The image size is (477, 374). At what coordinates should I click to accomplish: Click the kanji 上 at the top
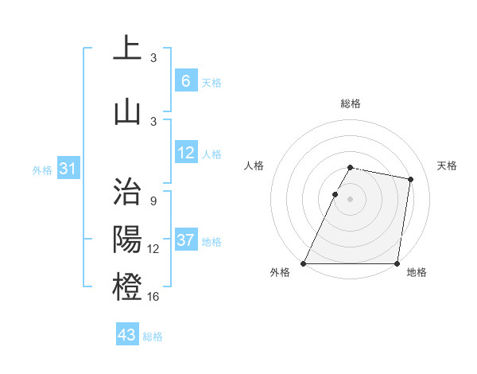(127, 48)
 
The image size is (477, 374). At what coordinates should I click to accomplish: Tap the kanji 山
(127, 111)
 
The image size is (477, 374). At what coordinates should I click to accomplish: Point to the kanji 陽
(127, 239)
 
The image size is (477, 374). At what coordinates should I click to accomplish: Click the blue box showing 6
(185, 81)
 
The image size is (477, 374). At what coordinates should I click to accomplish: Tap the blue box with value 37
(185, 240)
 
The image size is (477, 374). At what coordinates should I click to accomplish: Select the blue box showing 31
(68, 169)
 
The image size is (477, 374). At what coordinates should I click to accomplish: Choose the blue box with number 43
(127, 335)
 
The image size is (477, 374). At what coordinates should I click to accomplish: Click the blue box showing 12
(185, 153)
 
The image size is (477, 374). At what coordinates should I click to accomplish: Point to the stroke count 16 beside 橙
(153, 297)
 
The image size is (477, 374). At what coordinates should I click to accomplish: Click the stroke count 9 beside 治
(153, 201)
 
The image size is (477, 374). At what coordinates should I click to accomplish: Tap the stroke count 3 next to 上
(153, 58)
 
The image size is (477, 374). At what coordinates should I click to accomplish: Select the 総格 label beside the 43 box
(153, 337)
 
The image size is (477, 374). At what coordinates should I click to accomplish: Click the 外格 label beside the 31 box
(42, 169)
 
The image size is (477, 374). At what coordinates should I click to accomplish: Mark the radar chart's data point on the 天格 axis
(410, 179)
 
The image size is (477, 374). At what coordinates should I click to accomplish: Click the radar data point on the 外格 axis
(304, 263)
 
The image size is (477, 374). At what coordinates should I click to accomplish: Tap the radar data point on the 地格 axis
(397, 263)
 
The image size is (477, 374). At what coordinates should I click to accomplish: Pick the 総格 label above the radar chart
(350, 103)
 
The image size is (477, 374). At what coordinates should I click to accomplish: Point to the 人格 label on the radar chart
(254, 166)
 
